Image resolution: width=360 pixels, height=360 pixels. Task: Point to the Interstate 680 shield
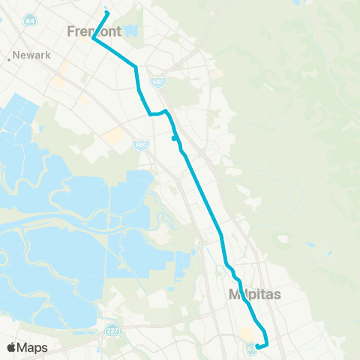tap(168, 82)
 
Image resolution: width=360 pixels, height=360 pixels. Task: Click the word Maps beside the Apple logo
tap(32, 347)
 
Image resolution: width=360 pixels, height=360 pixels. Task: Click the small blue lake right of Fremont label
tap(133, 31)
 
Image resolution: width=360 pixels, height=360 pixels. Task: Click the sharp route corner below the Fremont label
tap(94, 39)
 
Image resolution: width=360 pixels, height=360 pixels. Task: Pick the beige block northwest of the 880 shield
tap(114, 136)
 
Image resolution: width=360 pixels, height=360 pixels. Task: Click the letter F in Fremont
tap(70, 32)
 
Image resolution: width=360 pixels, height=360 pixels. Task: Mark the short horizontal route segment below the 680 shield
tap(155, 114)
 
